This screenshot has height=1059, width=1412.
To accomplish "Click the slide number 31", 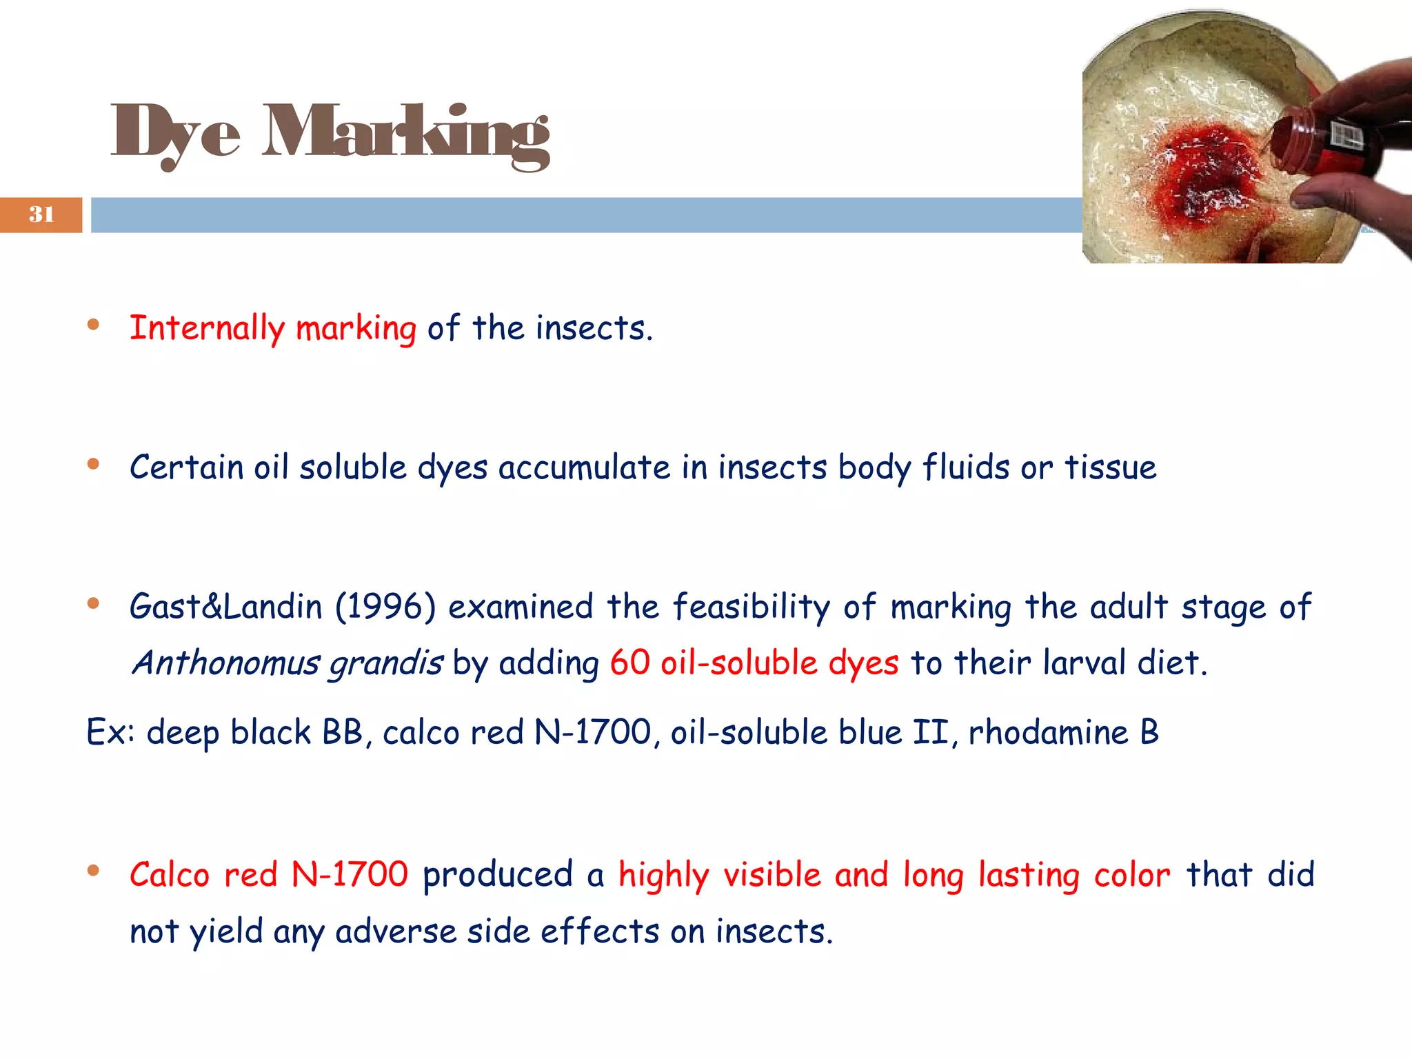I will point(41,214).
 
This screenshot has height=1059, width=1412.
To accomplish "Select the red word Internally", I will point(207,328).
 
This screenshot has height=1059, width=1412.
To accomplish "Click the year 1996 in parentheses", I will point(385,607).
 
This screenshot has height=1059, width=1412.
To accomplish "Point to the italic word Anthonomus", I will point(226,663).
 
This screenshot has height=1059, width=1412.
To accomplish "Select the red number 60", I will point(629,663).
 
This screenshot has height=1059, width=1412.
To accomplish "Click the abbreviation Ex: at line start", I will point(110,732).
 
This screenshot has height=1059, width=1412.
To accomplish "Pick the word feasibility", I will point(752,607).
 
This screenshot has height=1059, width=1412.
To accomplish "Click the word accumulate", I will point(584,468).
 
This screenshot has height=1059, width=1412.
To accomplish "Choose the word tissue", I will point(1110,467).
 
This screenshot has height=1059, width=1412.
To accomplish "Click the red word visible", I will point(771,876).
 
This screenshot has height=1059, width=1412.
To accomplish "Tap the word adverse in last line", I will point(396,932).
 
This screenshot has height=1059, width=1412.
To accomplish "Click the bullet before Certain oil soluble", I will point(93,464).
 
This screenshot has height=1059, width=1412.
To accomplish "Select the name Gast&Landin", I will point(226,607).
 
